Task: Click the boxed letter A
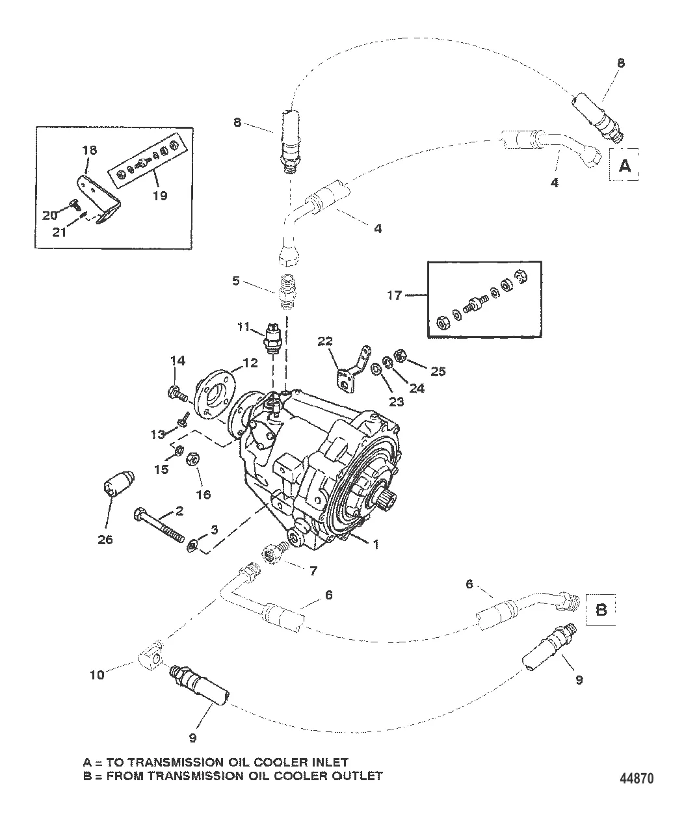[x=624, y=165]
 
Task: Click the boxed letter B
[x=602, y=610]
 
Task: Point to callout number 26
[x=105, y=539]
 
